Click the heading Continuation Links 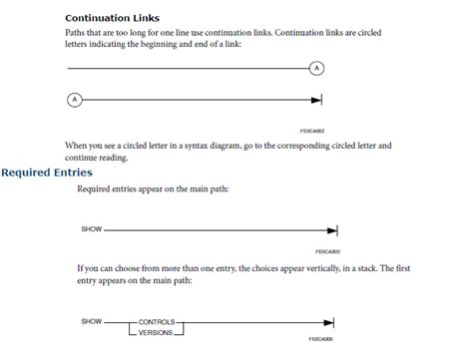(x=112, y=18)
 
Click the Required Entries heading (x=47, y=173)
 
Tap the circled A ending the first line (x=317, y=68)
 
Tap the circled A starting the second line (x=74, y=99)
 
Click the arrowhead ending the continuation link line (x=317, y=99)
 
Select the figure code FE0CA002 (x=312, y=130)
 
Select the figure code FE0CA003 (x=327, y=251)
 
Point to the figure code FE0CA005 (x=321, y=339)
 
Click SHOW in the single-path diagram (x=92, y=229)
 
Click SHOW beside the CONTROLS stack (x=92, y=321)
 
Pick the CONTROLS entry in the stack (x=156, y=321)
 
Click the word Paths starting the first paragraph (x=77, y=33)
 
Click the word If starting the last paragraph (x=80, y=268)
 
